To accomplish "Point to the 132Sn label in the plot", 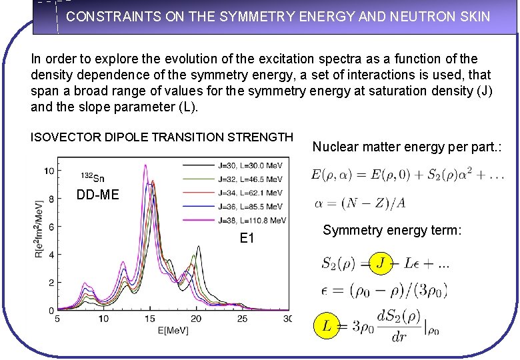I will click(92, 177).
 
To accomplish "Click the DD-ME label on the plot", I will click(97, 195).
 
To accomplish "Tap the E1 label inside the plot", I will click(247, 238).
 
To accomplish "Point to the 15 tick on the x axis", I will click(150, 319).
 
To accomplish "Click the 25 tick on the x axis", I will click(242, 319).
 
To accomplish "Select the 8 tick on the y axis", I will click(51, 199).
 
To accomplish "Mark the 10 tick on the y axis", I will click(49, 171).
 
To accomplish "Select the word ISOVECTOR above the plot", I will click(63, 137).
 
